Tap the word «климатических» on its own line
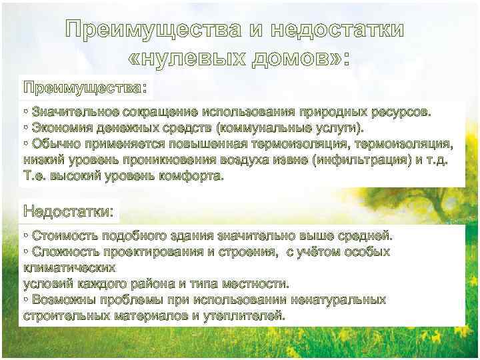(69, 268)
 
